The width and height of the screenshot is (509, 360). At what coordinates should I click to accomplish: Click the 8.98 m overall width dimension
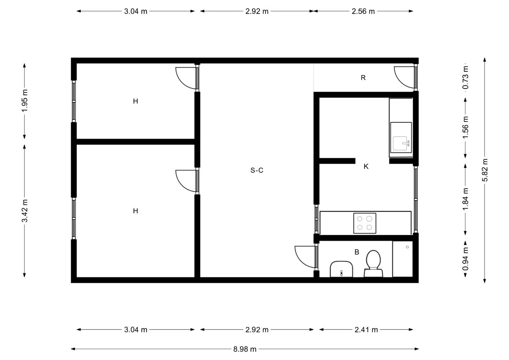[245, 349]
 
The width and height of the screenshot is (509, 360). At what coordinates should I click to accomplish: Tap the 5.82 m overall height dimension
[485, 170]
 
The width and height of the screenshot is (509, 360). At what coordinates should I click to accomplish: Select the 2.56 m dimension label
[363, 11]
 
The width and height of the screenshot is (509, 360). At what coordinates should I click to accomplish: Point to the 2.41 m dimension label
[366, 329]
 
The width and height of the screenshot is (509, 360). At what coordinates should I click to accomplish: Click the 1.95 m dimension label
[24, 101]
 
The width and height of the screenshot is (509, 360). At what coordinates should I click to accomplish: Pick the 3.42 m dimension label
[24, 211]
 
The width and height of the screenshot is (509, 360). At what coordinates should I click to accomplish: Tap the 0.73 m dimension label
[465, 77]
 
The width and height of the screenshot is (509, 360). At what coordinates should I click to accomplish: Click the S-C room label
[257, 170]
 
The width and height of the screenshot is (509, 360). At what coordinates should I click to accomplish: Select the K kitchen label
[366, 167]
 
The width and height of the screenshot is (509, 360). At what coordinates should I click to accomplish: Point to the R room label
[363, 78]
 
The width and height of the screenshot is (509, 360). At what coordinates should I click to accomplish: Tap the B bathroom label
[357, 252]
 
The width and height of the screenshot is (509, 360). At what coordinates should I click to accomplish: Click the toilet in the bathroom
[373, 264]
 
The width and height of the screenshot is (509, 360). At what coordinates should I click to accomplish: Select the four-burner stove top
[364, 223]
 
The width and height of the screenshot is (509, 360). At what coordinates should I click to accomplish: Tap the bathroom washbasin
[341, 269]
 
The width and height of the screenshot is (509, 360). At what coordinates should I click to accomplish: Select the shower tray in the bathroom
[402, 259]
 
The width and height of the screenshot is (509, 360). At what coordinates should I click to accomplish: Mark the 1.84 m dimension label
[465, 199]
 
